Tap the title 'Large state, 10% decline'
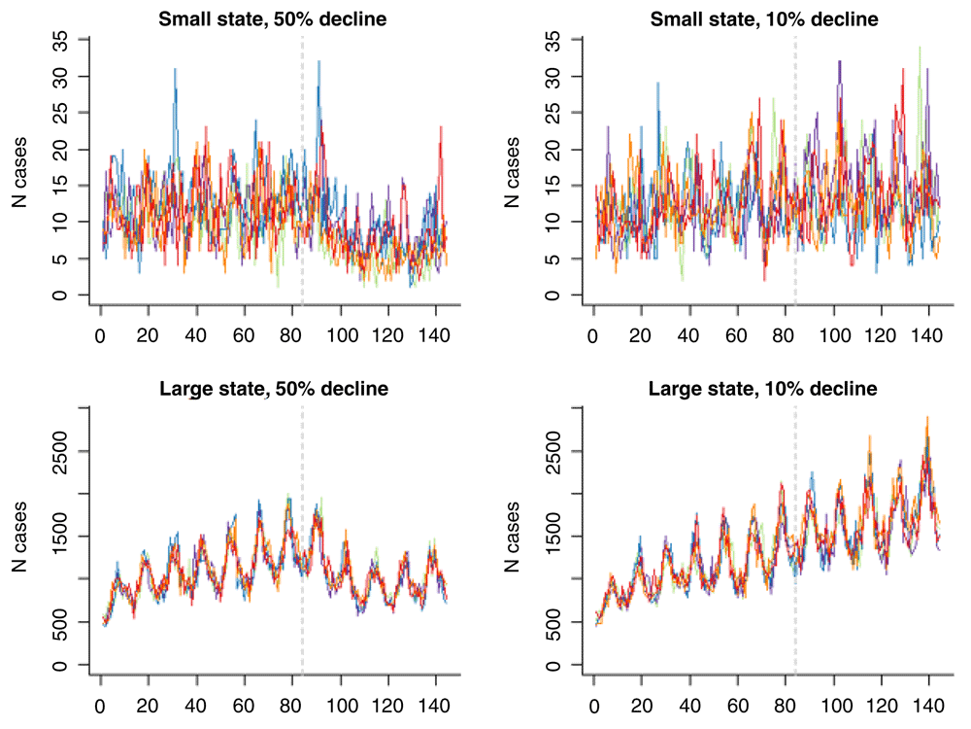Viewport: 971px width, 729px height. (x=764, y=390)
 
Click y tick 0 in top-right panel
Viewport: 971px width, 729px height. (x=552, y=295)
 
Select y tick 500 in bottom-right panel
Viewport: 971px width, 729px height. (x=552, y=622)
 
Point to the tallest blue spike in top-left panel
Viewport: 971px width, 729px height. (x=175, y=70)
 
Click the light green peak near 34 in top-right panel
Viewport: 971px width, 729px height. (x=919, y=48)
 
